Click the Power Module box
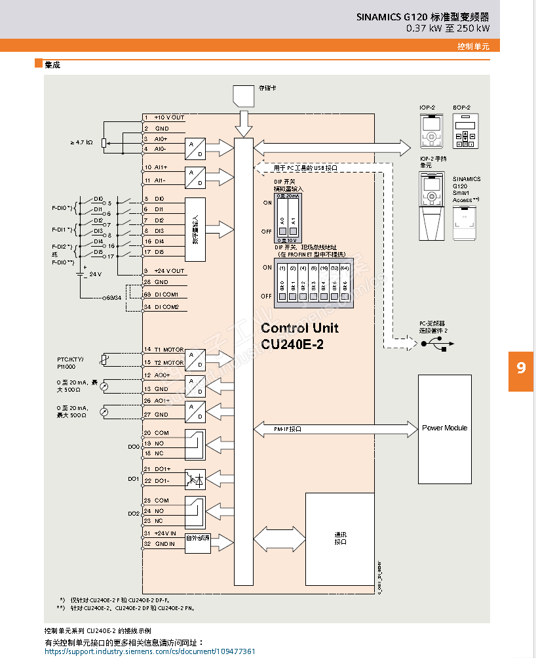[445, 428]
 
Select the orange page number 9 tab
[521, 368]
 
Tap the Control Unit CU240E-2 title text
[300, 336]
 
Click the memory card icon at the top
[243, 95]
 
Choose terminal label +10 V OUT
[169, 117]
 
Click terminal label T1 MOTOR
[169, 350]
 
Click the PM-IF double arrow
[335, 428]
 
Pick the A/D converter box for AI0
[195, 149]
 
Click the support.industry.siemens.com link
[149, 651]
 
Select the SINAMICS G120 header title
[423, 17]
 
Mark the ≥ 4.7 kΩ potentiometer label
[81, 142]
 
